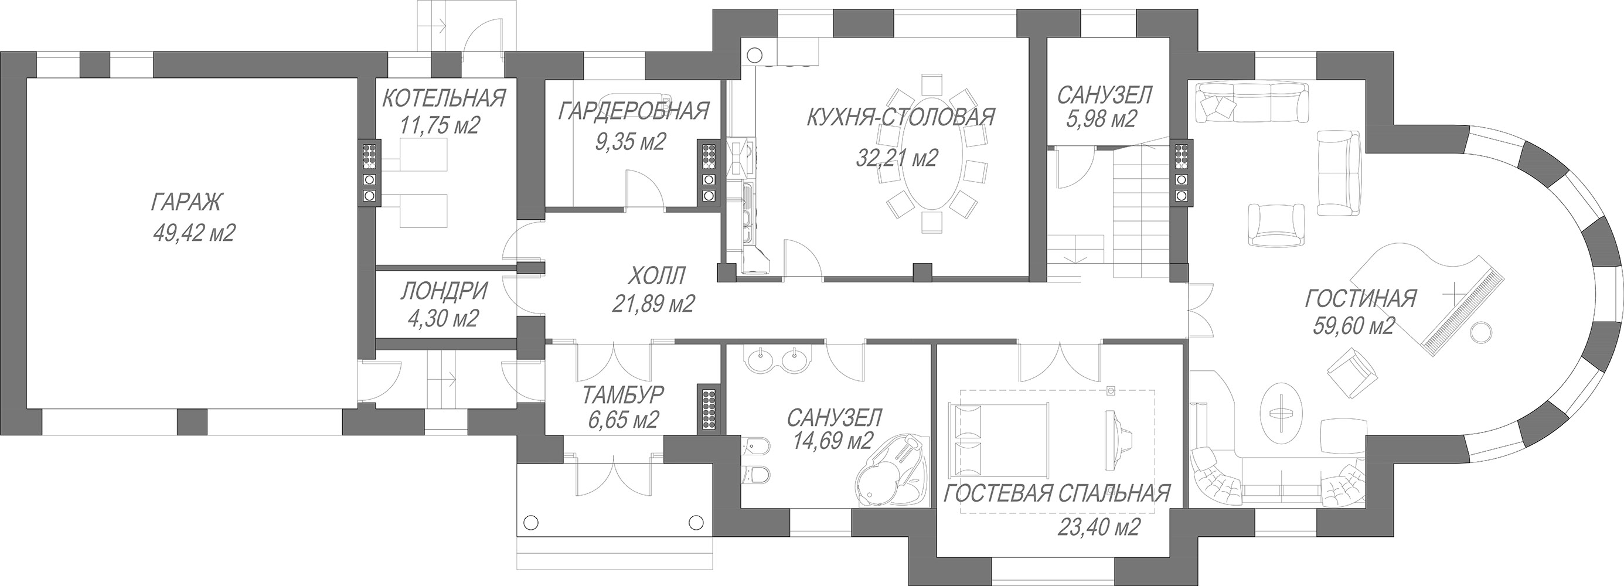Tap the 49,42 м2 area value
pyautogui.click(x=193, y=233)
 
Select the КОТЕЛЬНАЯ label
pyautogui.click(x=444, y=98)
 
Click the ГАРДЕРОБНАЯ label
pyautogui.click(x=633, y=111)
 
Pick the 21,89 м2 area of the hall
pyautogui.click(x=653, y=304)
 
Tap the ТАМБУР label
pyautogui.click(x=623, y=395)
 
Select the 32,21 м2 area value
pyautogui.click(x=897, y=158)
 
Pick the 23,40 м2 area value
pyautogui.click(x=1098, y=527)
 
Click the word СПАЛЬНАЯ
pyautogui.click(x=1113, y=493)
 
